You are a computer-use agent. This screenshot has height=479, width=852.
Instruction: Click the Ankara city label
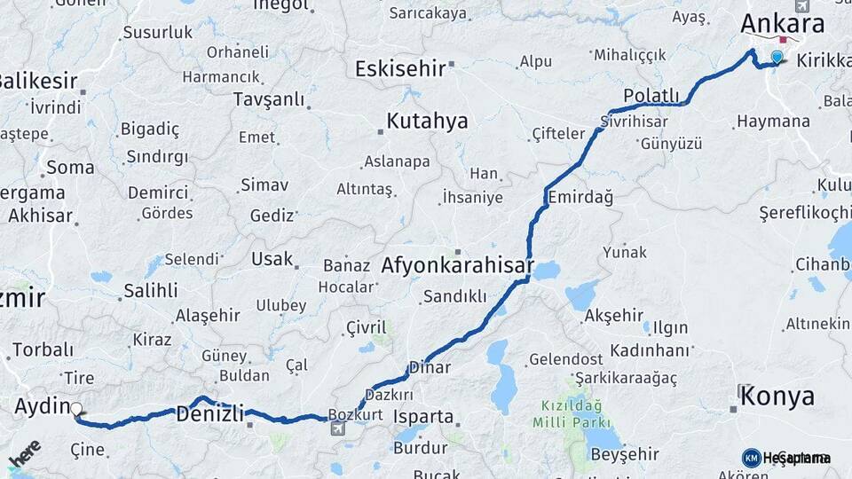coord(782,23)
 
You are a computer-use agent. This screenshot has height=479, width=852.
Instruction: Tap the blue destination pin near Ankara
coord(777,58)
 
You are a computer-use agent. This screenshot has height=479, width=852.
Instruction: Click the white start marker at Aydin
coord(76,410)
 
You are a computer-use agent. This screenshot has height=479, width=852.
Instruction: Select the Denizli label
coord(209,413)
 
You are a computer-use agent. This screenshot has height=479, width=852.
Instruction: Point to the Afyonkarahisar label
coord(457,265)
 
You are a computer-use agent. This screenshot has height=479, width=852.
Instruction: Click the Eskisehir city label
coord(400,68)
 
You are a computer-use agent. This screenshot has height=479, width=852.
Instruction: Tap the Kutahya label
coord(427,122)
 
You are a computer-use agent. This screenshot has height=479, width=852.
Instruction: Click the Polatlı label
coord(651,96)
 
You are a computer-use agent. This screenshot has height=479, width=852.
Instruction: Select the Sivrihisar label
coord(633,121)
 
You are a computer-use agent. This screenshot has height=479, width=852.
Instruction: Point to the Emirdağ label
coord(580,197)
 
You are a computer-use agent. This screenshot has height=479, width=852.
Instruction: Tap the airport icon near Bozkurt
coord(337,429)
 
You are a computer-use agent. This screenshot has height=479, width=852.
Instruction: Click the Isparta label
coord(423,416)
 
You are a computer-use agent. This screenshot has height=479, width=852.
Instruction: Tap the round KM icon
coord(751,458)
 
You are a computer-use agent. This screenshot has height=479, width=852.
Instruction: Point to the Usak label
coord(272,259)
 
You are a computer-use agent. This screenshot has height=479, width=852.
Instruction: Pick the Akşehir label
coord(613,315)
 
